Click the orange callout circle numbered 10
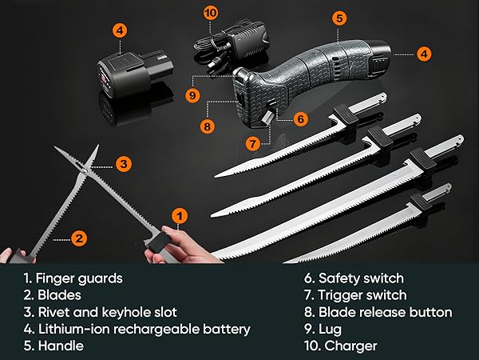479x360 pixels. tap(211, 13)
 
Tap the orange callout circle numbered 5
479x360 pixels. tap(338, 17)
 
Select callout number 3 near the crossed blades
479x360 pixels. tap(123, 164)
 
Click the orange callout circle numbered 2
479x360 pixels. tap(79, 238)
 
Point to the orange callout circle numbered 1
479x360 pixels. tap(180, 214)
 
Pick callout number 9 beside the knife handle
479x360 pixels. tap(192, 95)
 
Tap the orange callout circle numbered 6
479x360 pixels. tap(300, 118)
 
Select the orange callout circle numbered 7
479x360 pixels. tap(252, 144)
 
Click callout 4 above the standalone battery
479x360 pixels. tap(119, 31)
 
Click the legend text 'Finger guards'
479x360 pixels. tap(78, 278)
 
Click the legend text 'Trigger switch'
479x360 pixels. tap(357, 295)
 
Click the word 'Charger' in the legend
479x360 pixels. tap(350, 346)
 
